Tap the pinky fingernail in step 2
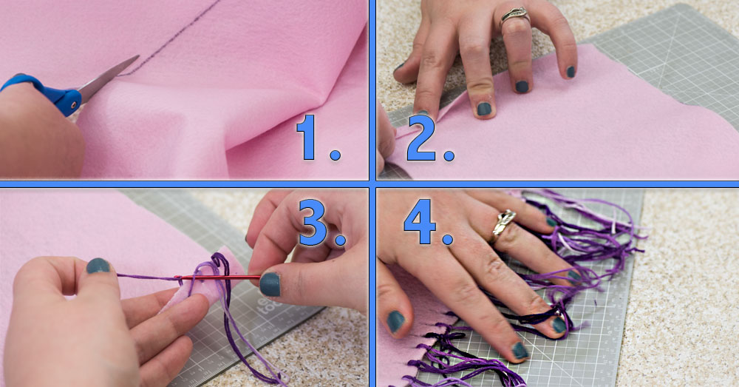click(x=571, y=72)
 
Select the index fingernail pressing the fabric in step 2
click(x=484, y=109)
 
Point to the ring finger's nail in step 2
click(x=522, y=86)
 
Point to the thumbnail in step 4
click(x=396, y=320)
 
